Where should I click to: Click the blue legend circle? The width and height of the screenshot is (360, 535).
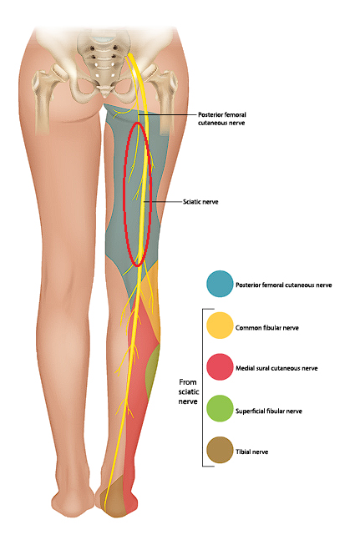click(x=220, y=284)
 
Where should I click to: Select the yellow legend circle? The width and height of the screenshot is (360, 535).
click(x=220, y=326)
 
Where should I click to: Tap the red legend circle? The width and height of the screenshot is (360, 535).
click(x=220, y=367)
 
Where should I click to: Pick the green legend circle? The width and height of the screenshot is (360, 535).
click(x=220, y=409)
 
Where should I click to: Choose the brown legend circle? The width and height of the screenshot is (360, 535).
click(x=220, y=451)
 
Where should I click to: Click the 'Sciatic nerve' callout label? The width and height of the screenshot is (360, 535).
click(x=200, y=202)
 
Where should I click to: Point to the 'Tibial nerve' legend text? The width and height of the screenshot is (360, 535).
click(x=251, y=452)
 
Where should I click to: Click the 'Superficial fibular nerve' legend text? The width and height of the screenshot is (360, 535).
click(x=269, y=411)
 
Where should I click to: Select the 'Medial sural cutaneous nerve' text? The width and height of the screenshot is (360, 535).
click(x=276, y=368)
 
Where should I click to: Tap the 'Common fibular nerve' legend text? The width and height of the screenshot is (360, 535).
click(x=267, y=328)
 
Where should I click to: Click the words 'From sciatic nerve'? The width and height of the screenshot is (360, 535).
click(x=188, y=391)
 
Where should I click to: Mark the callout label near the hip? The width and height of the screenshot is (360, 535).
click(x=222, y=119)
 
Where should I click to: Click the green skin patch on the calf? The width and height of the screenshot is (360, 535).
click(x=152, y=372)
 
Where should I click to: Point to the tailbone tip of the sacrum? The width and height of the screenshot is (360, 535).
click(x=105, y=94)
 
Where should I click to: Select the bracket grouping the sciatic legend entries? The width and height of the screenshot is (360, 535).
click(x=204, y=387)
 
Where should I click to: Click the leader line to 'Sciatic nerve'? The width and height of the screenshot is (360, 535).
click(x=163, y=202)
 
